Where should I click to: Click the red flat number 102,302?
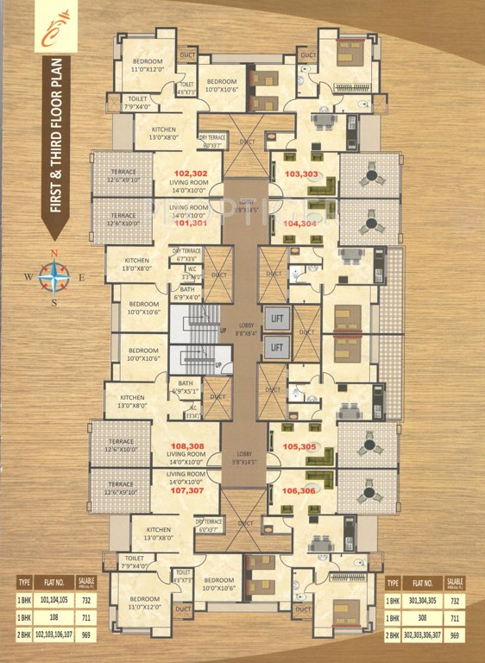[x=191, y=173]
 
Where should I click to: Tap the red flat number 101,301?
[x=191, y=223]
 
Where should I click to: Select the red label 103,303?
[x=301, y=174]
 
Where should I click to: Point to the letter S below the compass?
[x=54, y=303]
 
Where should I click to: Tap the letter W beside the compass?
[x=28, y=278]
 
